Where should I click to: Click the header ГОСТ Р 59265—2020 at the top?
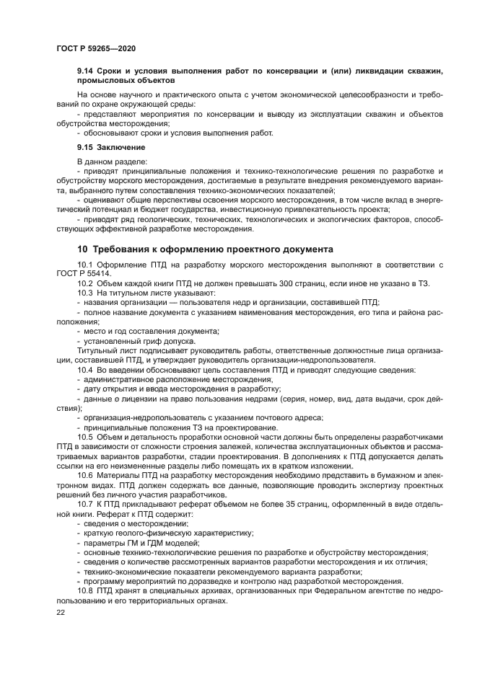(95, 48)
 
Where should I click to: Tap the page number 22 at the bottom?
(60, 612)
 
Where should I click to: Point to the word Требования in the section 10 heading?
(134, 249)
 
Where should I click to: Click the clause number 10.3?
(86, 293)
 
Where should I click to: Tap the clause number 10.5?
(86, 438)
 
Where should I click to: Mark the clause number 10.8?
(86, 590)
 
